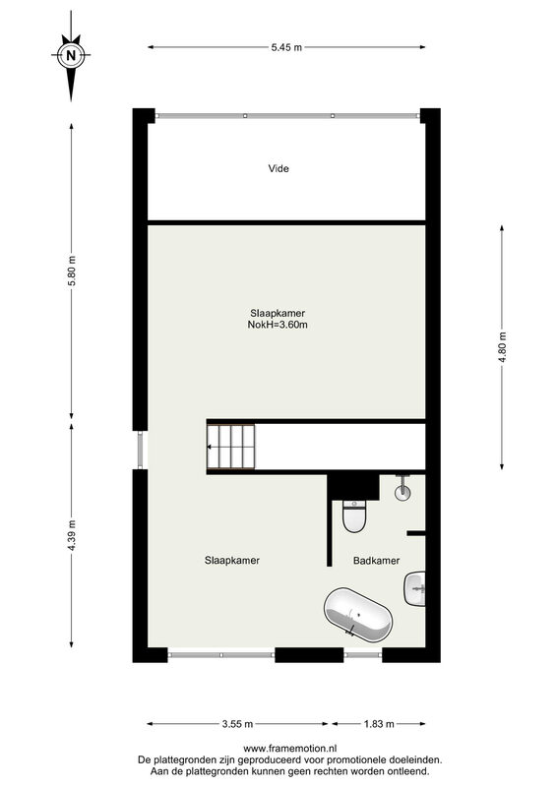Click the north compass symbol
[71, 55]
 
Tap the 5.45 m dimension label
[286, 47]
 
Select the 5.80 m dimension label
[72, 272]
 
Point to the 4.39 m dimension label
[72, 535]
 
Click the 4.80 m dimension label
[502, 347]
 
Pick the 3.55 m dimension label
[237, 724]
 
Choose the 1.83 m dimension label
[379, 724]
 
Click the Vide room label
[278, 168]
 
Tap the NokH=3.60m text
[278, 325]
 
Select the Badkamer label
[376, 561]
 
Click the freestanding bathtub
[357, 616]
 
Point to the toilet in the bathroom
[354, 516]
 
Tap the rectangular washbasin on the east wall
[415, 588]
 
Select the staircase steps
[231, 447]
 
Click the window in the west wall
[141, 450]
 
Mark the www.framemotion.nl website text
[290, 749]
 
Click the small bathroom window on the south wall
[363, 655]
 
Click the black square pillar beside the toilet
[353, 487]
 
